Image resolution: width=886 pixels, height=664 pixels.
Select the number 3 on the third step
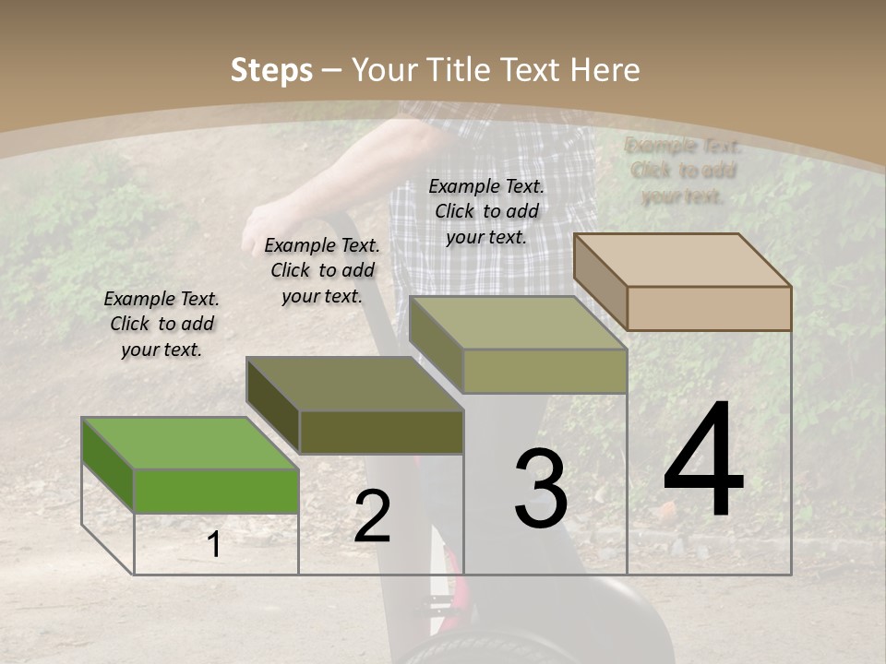tap(541, 488)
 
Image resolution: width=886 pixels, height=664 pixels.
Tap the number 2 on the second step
tap(372, 516)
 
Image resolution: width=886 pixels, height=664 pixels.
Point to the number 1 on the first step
tap(214, 545)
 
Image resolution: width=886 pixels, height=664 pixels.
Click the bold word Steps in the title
tap(271, 70)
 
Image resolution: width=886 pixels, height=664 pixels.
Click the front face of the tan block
tap(709, 308)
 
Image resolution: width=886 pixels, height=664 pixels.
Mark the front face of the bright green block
tap(216, 491)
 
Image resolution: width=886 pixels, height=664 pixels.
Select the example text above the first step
tap(162, 325)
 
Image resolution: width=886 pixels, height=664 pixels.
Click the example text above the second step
tap(322, 270)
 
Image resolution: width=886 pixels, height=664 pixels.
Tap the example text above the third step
tap(486, 211)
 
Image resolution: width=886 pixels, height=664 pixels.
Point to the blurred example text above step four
tap(683, 171)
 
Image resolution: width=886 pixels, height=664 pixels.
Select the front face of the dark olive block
tap(381, 432)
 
